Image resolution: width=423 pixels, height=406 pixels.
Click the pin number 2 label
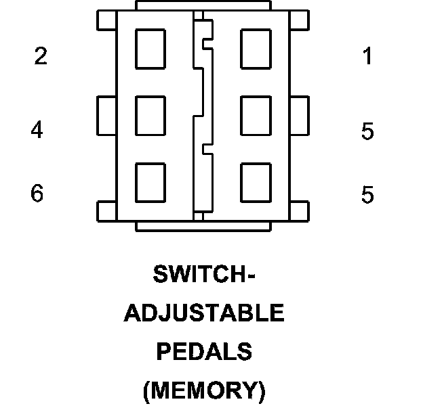click(x=41, y=57)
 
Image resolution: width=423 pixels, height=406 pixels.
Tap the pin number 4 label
click(x=37, y=129)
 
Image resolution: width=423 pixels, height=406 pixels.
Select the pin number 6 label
click(x=37, y=194)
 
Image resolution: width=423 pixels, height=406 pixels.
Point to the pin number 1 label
click(x=367, y=57)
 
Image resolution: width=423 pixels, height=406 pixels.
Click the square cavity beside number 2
click(x=150, y=49)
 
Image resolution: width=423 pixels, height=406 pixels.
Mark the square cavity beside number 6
click(x=150, y=182)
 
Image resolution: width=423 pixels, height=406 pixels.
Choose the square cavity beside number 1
click(x=256, y=49)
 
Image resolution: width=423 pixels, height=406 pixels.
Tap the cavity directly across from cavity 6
click(x=256, y=182)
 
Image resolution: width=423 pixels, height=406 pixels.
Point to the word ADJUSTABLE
click(x=204, y=313)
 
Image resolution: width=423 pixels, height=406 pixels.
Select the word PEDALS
click(x=204, y=352)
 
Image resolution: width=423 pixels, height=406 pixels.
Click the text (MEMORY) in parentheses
click(x=204, y=390)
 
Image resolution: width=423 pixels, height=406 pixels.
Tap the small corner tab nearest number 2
click(x=106, y=20)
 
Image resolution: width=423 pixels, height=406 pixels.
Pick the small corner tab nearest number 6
click(x=106, y=211)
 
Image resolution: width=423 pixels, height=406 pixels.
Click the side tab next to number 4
click(x=106, y=115)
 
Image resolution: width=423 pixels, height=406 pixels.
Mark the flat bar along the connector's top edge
click(x=203, y=6)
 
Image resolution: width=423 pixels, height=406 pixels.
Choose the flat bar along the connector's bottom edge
click(x=203, y=226)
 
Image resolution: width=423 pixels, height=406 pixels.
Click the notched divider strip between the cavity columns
click(x=203, y=115)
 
